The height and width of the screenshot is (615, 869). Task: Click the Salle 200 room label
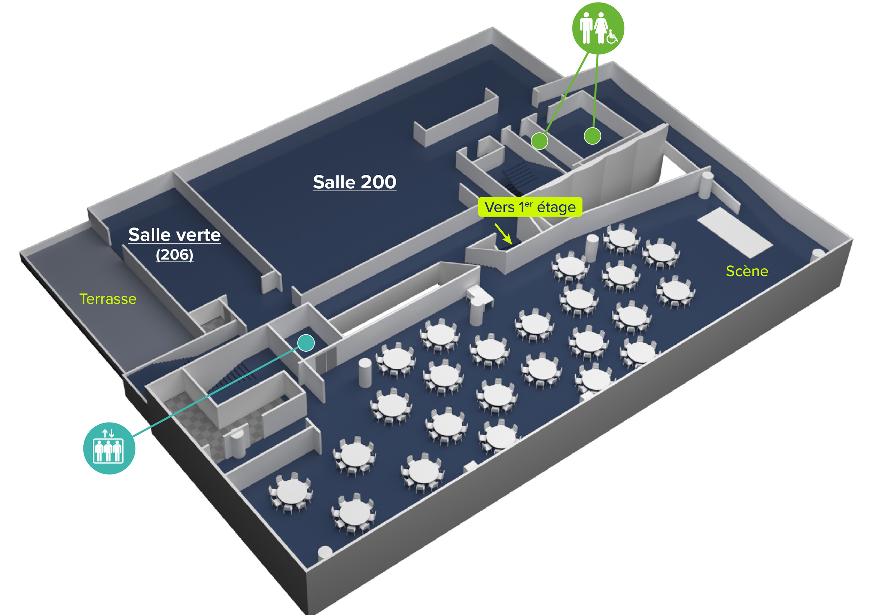point(355,182)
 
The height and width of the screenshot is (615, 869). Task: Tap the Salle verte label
point(174,235)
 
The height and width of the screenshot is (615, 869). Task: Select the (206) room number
point(174,254)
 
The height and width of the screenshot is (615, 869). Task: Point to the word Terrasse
point(108,299)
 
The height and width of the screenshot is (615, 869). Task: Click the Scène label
point(747,271)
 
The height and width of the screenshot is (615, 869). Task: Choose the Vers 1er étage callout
point(530,207)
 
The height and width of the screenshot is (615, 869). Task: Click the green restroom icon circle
point(598,28)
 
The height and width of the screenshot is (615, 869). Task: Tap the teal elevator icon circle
point(109,448)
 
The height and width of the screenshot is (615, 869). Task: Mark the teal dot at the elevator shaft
point(306,343)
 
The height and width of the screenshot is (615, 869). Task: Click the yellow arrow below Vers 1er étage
point(503,233)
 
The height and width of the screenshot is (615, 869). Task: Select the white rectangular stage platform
point(734,232)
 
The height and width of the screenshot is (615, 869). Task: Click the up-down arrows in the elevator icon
point(108,433)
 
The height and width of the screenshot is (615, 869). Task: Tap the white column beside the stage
point(706,185)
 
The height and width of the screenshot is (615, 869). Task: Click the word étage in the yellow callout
point(557,207)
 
